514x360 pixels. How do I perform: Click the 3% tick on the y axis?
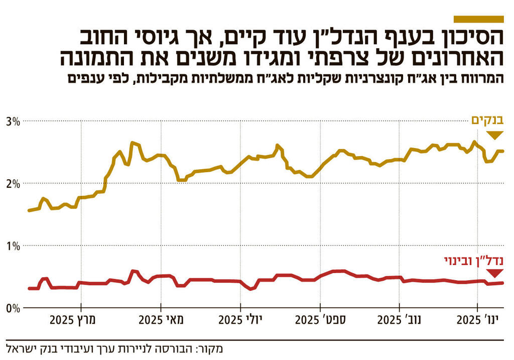13,121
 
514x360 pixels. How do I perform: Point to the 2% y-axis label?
13,183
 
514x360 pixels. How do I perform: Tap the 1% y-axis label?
13,246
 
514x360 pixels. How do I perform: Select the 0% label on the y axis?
13,307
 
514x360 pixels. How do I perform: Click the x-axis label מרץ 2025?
81,320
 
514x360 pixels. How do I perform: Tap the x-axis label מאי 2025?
161,320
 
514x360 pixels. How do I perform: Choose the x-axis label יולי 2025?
240,320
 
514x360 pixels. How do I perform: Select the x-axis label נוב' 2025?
400,320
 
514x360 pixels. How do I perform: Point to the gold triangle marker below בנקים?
495,135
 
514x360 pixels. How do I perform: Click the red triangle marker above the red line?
495,274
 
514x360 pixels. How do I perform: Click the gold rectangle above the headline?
478,19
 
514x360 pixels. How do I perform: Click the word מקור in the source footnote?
210,347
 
